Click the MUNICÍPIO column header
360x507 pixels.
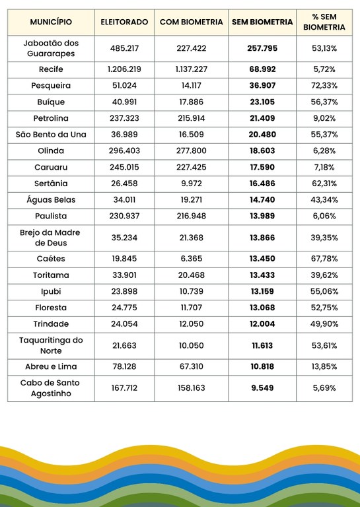[51, 22]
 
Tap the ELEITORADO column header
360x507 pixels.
[124, 22]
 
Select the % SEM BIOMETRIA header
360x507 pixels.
[324, 22]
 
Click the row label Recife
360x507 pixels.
[51, 69]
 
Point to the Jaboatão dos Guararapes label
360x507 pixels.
[51, 48]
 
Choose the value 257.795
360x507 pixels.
[262, 48]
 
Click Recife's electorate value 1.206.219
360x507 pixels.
[124, 69]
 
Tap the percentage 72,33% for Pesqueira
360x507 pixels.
[324, 86]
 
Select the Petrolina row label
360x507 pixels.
[51, 118]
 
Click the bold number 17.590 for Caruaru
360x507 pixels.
[262, 167]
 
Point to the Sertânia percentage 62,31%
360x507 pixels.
[324, 184]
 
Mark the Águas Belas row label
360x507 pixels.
[51, 200]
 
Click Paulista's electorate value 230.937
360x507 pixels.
[124, 216]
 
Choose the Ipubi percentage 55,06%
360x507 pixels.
[324, 291]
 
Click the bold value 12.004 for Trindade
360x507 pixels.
[262, 323]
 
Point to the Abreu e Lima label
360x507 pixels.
[51, 366]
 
